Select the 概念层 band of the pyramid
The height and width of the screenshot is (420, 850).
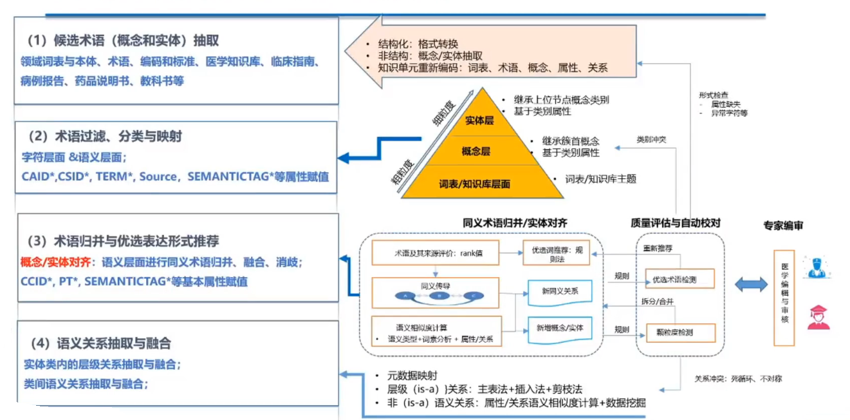pos(476,152)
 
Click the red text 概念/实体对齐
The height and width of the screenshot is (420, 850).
pos(57,262)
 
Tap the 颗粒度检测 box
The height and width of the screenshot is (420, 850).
pos(674,333)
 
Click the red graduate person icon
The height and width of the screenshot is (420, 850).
pos(818,317)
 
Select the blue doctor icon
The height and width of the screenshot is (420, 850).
pos(817,267)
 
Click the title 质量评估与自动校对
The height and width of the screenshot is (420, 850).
pos(675,224)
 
